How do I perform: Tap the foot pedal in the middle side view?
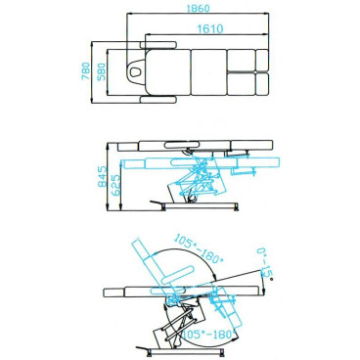(x=157, y=202)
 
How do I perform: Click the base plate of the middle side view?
(x=201, y=207)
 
